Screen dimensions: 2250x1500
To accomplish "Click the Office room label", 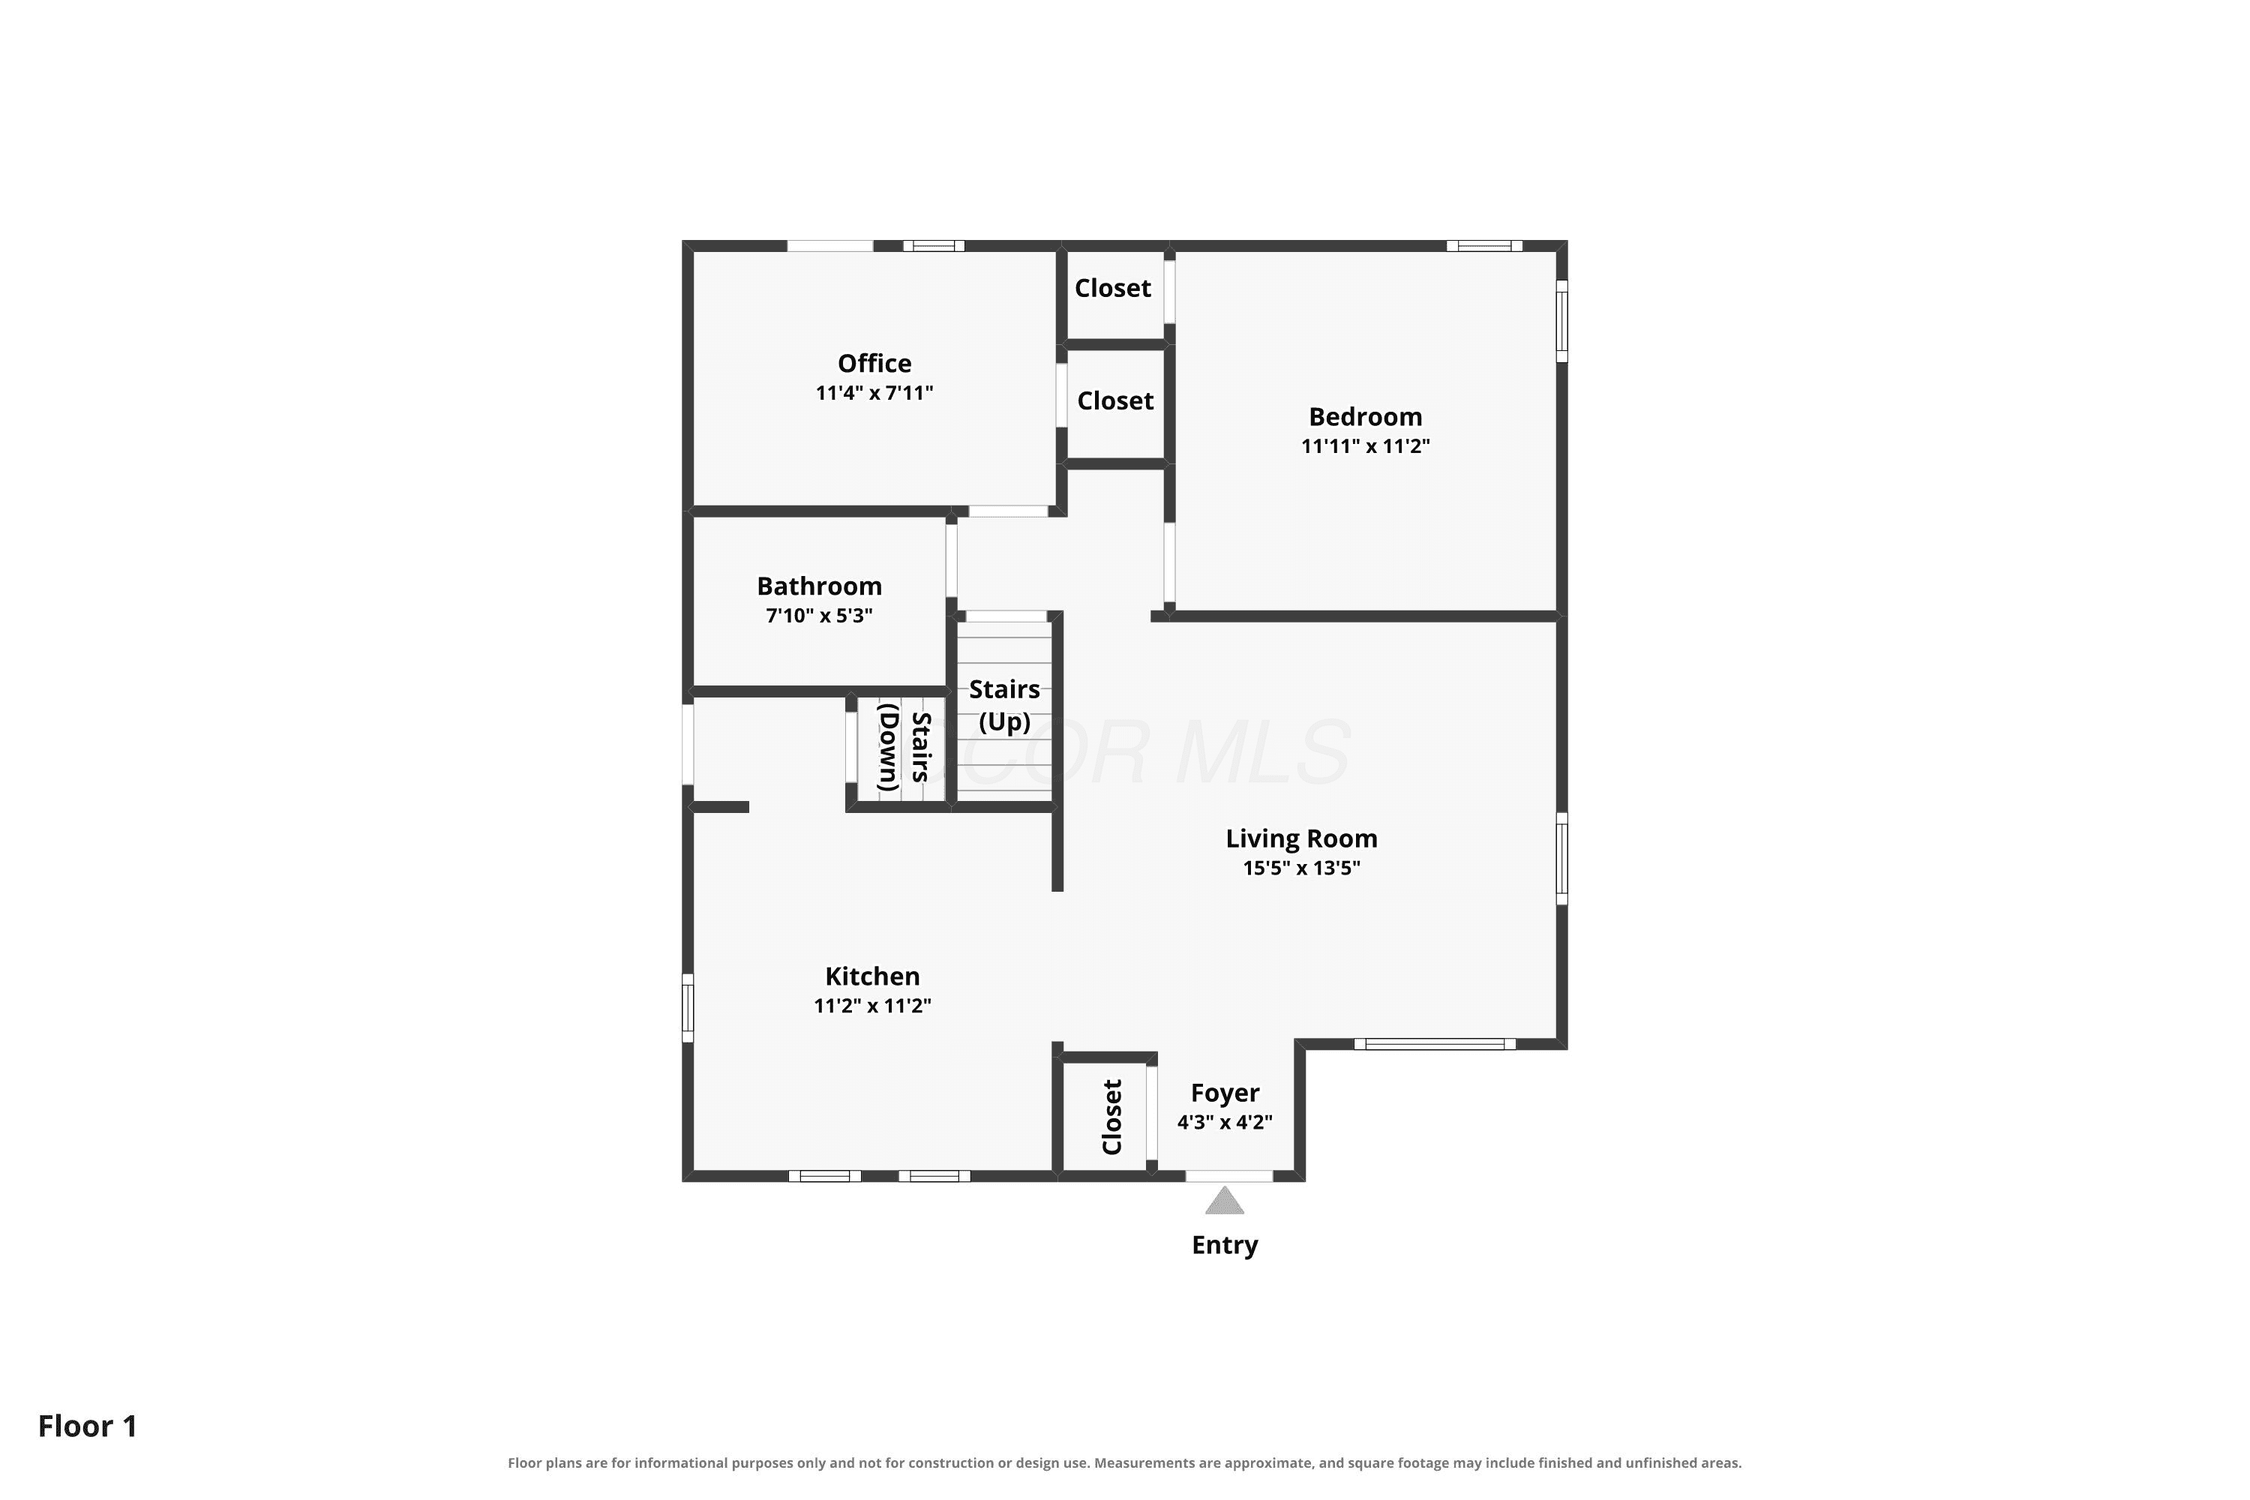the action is (874, 364).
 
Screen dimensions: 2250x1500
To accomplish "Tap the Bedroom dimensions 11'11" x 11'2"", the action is (1365, 445).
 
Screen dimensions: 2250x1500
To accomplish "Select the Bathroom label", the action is (819, 586).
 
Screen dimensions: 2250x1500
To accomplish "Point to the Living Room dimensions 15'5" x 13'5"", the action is (1301, 868).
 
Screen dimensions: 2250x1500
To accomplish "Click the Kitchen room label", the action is (872, 976).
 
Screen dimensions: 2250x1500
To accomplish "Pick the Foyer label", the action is (1225, 1093).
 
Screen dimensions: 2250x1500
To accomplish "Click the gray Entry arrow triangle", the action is (1225, 1201).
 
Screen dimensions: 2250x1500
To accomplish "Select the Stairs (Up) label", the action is (1004, 705).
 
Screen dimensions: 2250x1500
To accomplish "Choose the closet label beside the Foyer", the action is (1111, 1117).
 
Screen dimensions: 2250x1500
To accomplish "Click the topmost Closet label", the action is (1112, 288).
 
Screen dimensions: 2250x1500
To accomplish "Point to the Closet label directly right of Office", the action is (1115, 400).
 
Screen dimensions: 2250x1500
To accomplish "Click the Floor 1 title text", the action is (88, 1426).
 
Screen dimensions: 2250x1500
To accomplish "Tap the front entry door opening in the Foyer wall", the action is (1229, 1176).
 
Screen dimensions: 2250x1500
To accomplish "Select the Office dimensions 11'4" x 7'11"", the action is (874, 393).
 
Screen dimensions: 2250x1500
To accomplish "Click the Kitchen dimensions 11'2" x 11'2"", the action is (872, 1006).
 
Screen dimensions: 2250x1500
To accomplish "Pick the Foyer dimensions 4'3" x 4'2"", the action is (1225, 1122).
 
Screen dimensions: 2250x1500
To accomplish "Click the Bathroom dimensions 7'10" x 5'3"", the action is (819, 615).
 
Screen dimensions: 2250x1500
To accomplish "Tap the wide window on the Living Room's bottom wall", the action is (1435, 1044).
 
